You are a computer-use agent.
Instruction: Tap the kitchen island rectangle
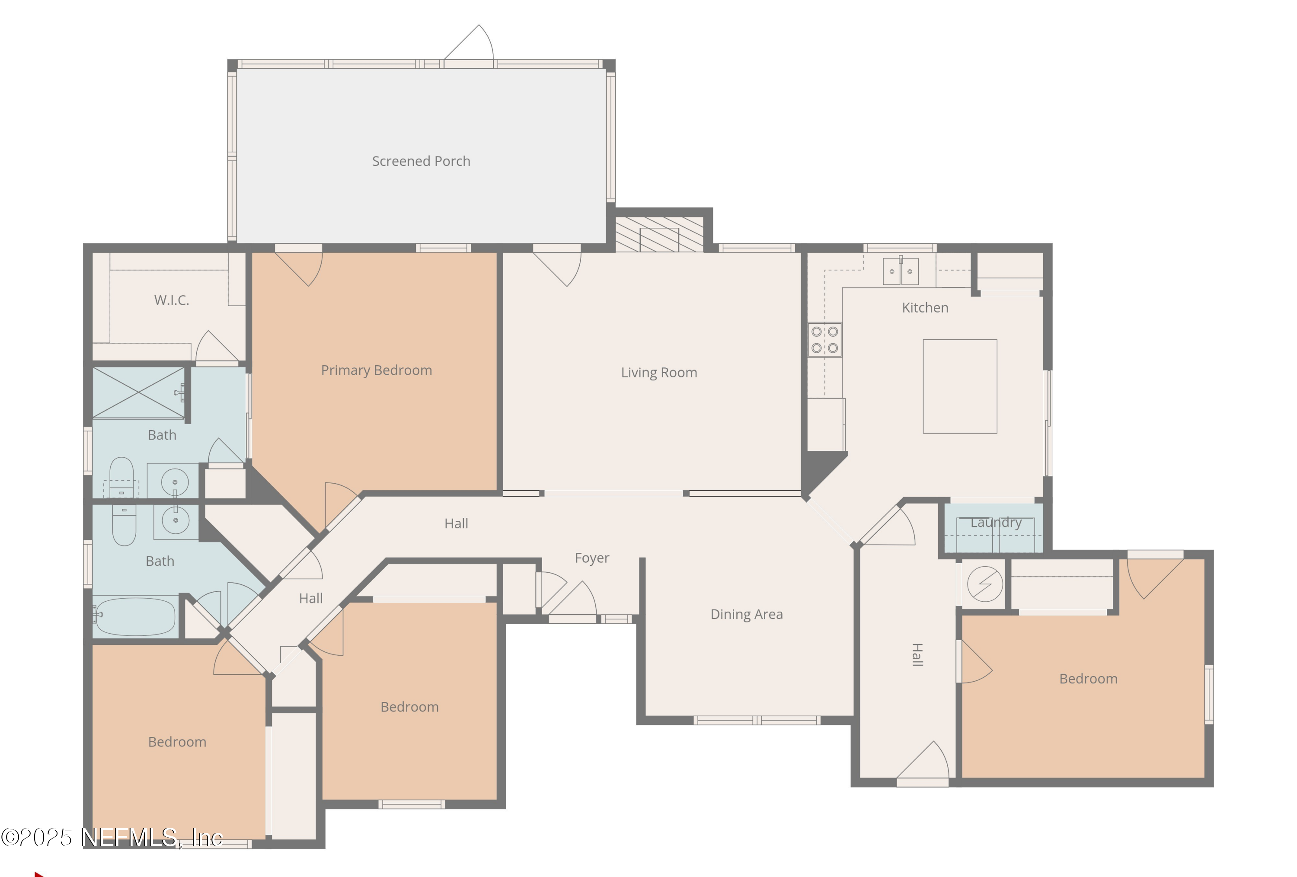point(959,386)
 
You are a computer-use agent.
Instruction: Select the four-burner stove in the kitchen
point(824,340)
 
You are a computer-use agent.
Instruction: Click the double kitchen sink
point(900,271)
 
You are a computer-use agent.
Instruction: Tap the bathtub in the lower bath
point(134,616)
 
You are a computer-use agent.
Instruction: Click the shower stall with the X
point(138,392)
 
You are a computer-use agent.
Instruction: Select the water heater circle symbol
point(984,584)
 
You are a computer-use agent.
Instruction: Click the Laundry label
point(996,522)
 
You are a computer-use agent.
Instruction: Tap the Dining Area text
point(746,614)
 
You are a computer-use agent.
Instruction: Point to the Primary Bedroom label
point(376,370)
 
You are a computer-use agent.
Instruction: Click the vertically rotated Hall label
point(917,654)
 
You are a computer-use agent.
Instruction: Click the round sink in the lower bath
point(175,520)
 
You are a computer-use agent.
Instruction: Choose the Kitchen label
point(925,308)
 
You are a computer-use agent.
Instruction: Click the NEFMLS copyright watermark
point(112,837)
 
